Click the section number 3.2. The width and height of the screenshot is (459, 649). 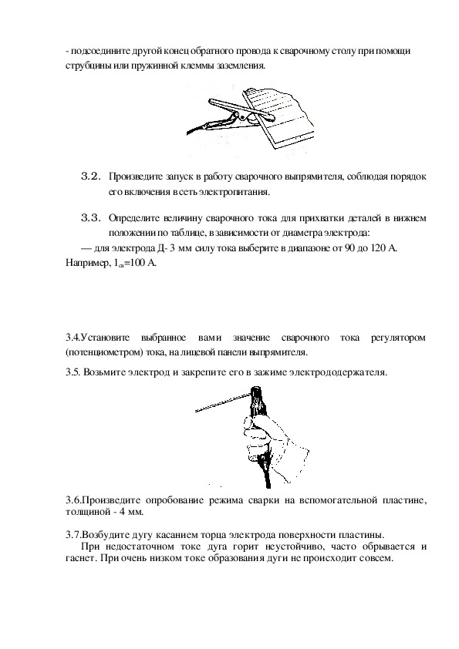(91, 177)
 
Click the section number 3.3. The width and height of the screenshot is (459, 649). (91, 218)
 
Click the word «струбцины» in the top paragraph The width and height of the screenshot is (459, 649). (85, 66)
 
